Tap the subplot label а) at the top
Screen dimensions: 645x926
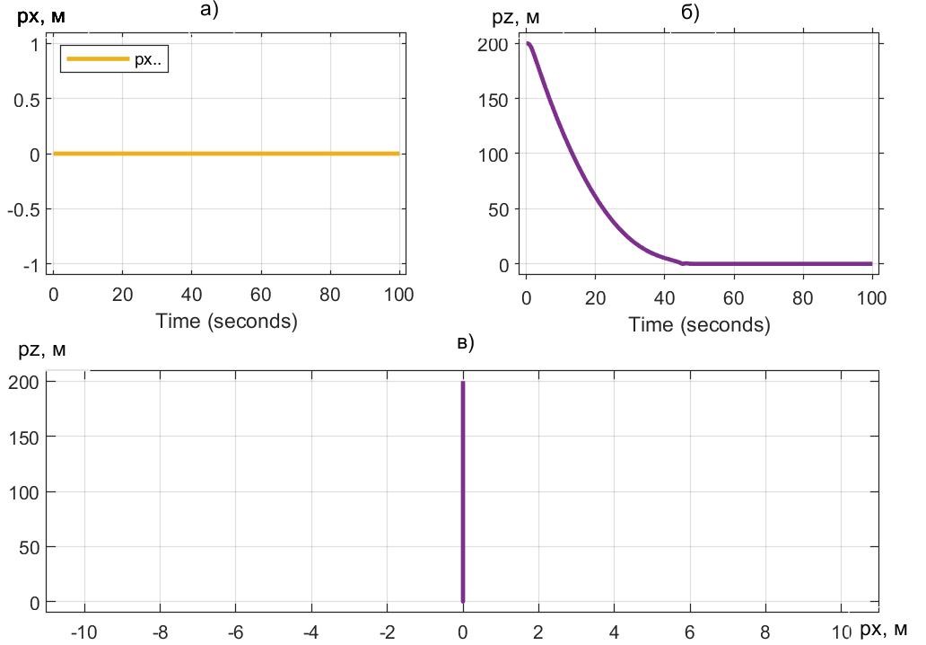pos(209,10)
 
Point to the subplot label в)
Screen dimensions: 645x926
pos(465,342)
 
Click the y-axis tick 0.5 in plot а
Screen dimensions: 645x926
pos(26,99)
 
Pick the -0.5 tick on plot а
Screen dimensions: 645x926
pos(23,209)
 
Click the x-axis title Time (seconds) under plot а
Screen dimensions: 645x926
pos(226,321)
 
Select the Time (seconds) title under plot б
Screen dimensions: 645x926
pos(699,324)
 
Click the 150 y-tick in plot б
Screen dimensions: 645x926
pos(492,99)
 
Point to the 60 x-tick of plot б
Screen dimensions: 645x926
pos(733,297)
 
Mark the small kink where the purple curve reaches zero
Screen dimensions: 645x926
pos(682,263)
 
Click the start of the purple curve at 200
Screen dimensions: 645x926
pos(529,43)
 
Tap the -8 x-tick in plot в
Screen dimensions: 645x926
pos(160,632)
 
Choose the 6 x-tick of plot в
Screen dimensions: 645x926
pos(690,632)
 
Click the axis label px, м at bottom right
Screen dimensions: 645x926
pos(883,630)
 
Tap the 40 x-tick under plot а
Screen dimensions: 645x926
pos(191,294)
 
